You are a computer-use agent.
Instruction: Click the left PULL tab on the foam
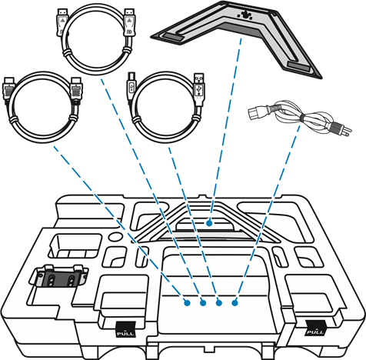click(125, 329)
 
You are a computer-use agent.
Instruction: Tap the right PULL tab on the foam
click(316, 328)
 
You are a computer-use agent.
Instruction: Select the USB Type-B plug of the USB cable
click(131, 84)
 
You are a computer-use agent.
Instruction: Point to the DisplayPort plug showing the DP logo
click(129, 23)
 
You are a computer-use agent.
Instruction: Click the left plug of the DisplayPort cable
click(62, 22)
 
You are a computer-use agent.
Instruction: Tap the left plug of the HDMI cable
click(9, 88)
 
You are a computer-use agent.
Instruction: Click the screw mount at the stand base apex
click(245, 15)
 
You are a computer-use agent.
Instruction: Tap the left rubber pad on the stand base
click(173, 37)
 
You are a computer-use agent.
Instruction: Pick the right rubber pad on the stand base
click(298, 67)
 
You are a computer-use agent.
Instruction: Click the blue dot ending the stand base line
click(209, 223)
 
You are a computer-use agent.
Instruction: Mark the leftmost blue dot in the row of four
click(187, 303)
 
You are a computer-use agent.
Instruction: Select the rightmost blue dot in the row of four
click(235, 303)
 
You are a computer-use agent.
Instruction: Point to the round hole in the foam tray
click(115, 236)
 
